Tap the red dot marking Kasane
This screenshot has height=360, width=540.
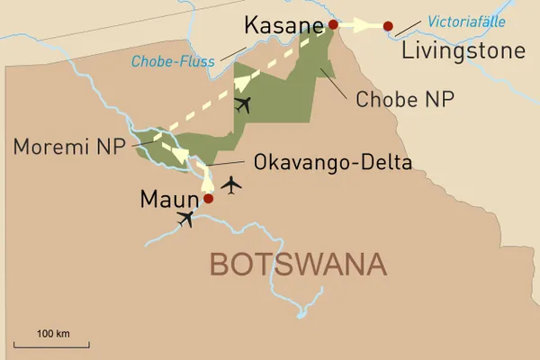click(334, 25)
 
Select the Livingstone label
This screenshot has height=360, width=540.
click(463, 50)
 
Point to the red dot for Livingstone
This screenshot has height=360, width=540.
click(388, 26)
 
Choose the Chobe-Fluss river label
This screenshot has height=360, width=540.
click(174, 62)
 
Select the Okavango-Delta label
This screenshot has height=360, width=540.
click(333, 163)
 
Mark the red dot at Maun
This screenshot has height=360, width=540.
click(209, 199)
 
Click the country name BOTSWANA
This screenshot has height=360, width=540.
click(298, 265)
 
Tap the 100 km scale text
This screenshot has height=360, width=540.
click(53, 334)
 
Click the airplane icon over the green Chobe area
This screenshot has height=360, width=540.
click(241, 104)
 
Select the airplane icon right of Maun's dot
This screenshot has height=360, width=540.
click(233, 185)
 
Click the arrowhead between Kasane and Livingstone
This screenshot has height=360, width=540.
click(369, 26)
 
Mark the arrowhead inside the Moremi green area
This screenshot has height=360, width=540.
click(180, 157)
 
